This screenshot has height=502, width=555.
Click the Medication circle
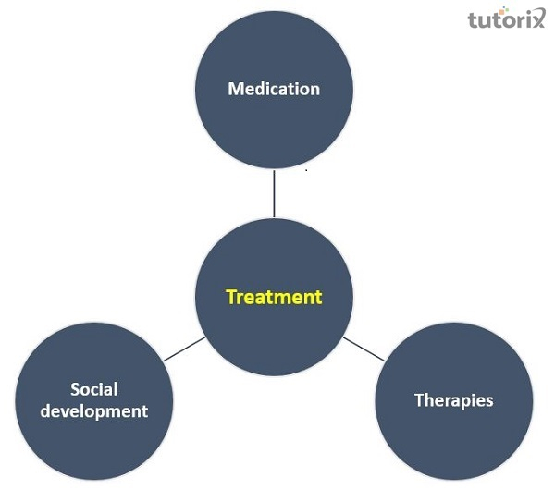(274, 120)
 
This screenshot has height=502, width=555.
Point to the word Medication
(274, 90)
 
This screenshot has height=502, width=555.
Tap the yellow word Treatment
(274, 298)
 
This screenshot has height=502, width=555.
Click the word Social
(94, 389)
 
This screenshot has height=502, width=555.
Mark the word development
(95, 410)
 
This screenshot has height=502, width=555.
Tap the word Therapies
(453, 400)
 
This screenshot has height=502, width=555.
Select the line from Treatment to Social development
(184, 349)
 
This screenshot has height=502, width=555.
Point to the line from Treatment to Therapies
(364, 349)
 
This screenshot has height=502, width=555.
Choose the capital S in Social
(75, 389)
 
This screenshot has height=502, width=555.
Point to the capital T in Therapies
(418, 400)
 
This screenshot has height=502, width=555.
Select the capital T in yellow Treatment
(231, 298)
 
